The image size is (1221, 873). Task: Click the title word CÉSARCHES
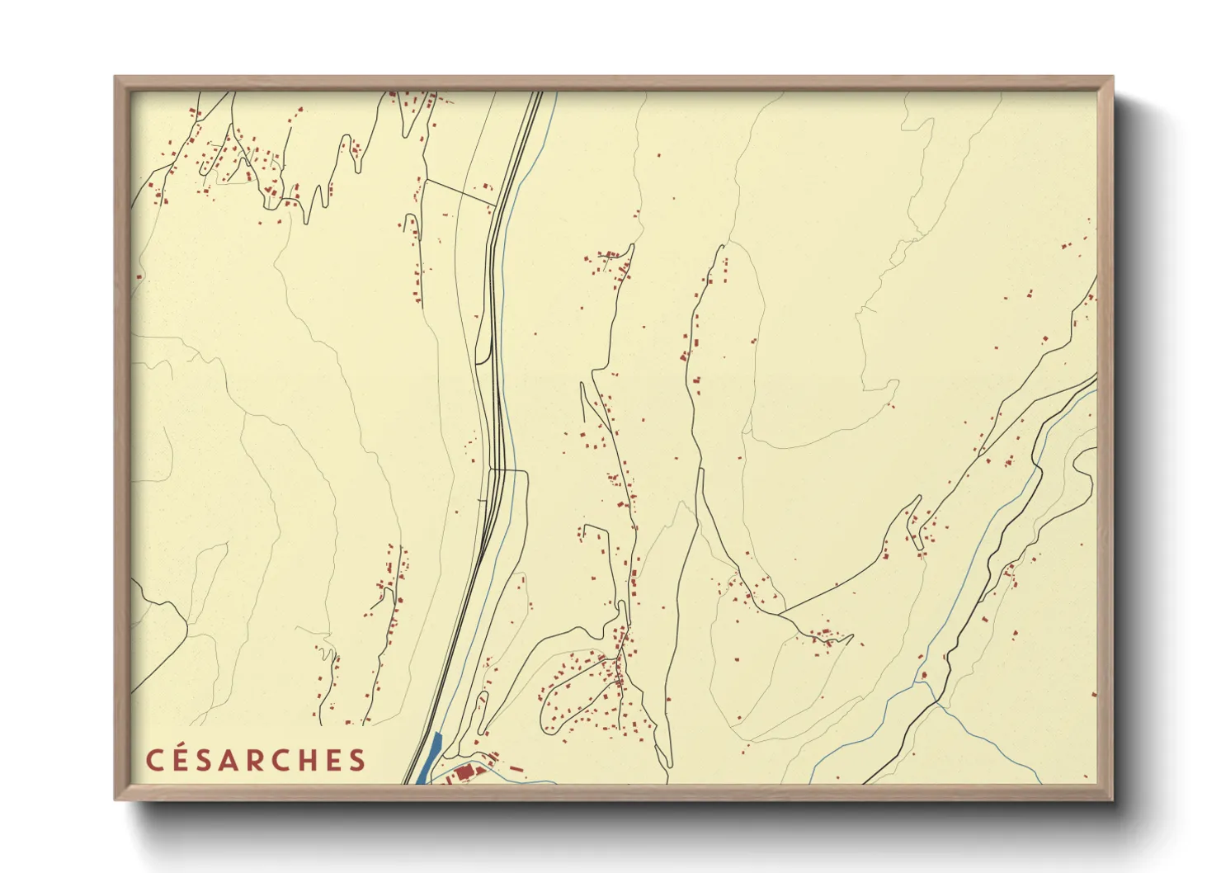pyautogui.click(x=256, y=760)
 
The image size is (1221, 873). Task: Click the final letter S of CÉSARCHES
pyautogui.click(x=357, y=761)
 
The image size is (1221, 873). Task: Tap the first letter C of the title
pyautogui.click(x=154, y=761)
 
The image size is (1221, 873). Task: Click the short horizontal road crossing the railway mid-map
pyautogui.click(x=507, y=470)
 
